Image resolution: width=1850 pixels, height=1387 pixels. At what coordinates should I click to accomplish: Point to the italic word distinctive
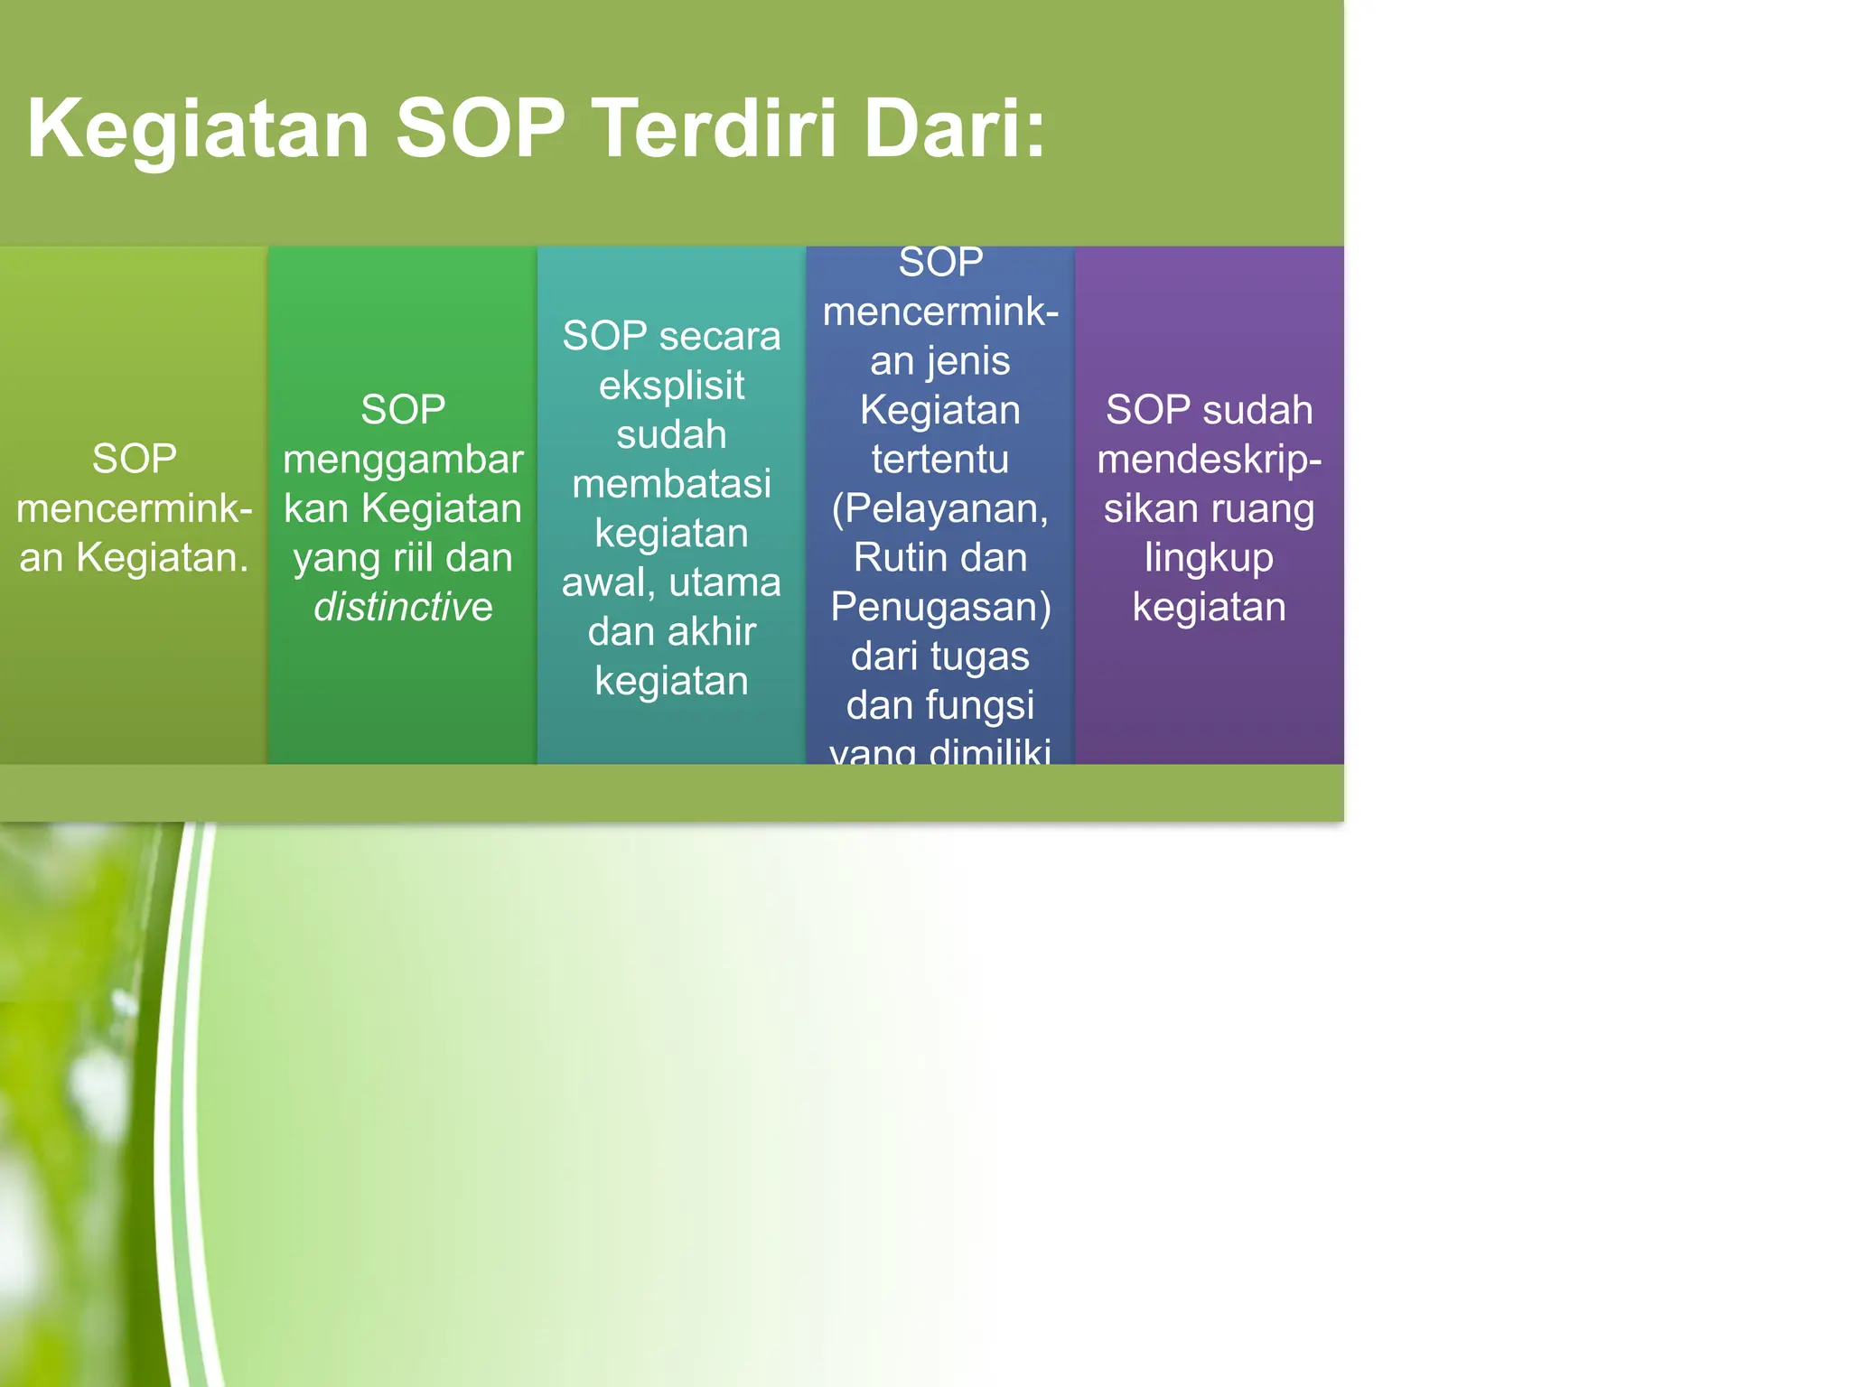tap(403, 607)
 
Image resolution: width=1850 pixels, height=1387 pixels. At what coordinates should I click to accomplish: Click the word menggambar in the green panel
tap(403, 460)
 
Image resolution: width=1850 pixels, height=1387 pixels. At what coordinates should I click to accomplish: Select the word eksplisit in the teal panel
tap(671, 386)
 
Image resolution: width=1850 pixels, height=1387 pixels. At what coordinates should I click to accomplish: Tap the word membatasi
tap(671, 484)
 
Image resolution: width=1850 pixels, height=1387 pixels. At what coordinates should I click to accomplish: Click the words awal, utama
tap(671, 582)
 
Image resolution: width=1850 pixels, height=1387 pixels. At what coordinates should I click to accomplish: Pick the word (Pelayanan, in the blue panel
tap(939, 508)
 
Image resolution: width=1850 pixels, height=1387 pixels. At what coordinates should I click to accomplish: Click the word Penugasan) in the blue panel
tap(939, 607)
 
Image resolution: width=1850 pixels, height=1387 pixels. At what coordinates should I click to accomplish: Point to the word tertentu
tap(939, 459)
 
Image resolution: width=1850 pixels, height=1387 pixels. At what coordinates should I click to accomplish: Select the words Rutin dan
tap(939, 557)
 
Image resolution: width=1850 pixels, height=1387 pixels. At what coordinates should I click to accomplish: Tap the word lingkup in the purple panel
tap(1209, 558)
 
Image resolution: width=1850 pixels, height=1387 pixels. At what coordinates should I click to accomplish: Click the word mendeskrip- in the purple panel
tap(1209, 460)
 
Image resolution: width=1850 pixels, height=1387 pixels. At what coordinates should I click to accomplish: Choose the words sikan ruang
tap(1209, 508)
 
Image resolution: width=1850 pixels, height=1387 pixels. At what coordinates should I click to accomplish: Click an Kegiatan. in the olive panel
tap(134, 557)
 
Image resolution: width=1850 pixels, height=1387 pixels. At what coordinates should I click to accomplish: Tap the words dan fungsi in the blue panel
tap(939, 705)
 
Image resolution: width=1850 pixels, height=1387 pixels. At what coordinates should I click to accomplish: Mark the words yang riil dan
tap(403, 558)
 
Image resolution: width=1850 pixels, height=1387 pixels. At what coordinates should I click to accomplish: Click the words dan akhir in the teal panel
tap(671, 631)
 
